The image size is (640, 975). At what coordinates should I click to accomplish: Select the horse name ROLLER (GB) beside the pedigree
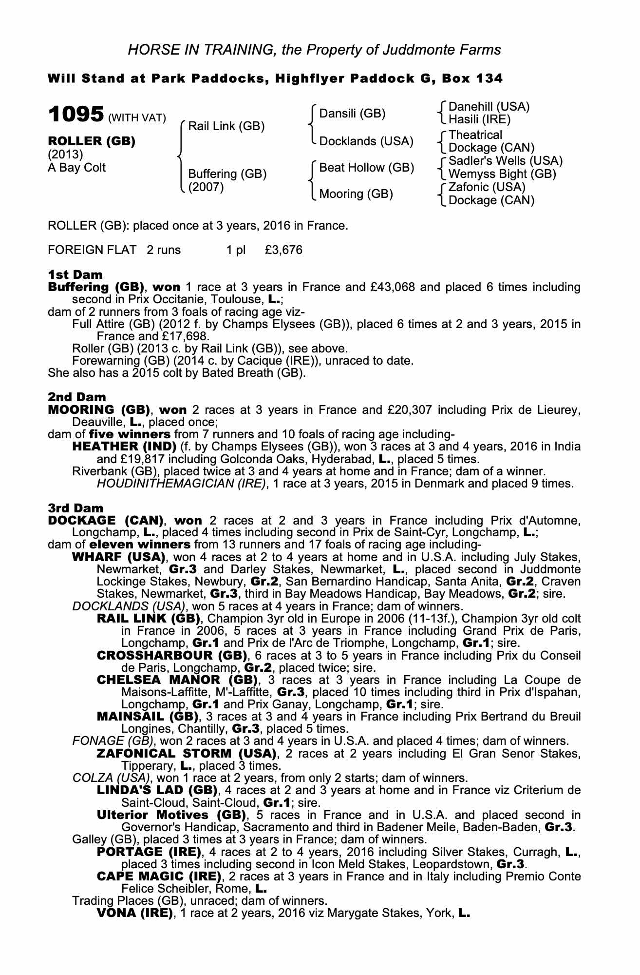pyautogui.click(x=91, y=141)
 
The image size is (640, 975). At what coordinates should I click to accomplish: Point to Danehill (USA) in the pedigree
pyautogui.click(x=489, y=107)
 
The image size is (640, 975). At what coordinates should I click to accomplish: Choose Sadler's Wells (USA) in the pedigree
pyautogui.click(x=505, y=161)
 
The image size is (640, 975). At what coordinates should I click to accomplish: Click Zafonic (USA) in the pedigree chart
pyautogui.click(x=487, y=187)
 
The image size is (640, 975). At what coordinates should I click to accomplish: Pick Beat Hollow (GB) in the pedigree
pyautogui.click(x=366, y=168)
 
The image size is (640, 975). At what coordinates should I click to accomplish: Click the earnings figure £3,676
pyautogui.click(x=283, y=250)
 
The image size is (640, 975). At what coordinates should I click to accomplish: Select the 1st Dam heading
pyautogui.click(x=75, y=275)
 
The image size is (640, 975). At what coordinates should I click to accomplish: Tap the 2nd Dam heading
pyautogui.click(x=76, y=397)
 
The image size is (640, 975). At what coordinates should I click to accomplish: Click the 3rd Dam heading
pyautogui.click(x=76, y=508)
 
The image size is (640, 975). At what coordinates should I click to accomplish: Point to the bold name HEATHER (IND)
pyautogui.click(x=124, y=447)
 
